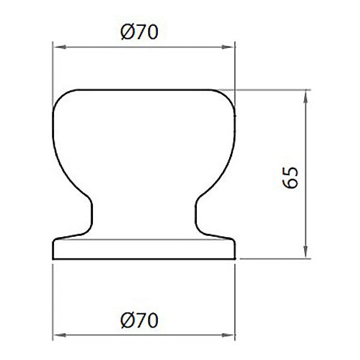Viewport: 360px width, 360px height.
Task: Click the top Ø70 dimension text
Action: (x=139, y=32)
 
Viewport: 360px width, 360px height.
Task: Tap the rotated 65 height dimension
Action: (x=291, y=178)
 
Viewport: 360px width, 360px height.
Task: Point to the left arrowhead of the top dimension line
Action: (x=58, y=46)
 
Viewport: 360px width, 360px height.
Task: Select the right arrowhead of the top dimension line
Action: (x=230, y=46)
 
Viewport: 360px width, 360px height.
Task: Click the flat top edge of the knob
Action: (x=144, y=90)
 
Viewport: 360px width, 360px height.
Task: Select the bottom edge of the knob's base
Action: (x=144, y=259)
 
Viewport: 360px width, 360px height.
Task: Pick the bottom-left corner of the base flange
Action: (x=55, y=257)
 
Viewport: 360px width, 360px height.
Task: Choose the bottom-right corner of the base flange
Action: (x=233, y=257)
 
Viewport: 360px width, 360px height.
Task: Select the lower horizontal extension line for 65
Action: (x=276, y=259)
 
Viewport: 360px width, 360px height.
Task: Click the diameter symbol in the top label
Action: (x=127, y=32)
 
